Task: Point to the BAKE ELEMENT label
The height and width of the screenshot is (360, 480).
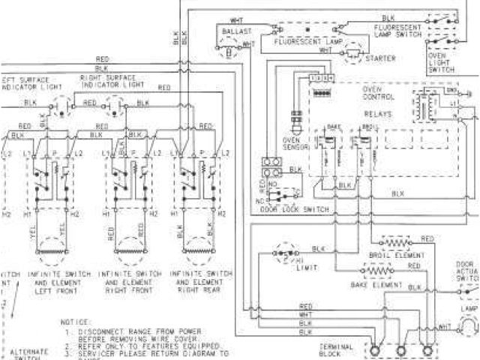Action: point(373,286)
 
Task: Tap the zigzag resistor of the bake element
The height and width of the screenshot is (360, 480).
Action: point(375,273)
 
